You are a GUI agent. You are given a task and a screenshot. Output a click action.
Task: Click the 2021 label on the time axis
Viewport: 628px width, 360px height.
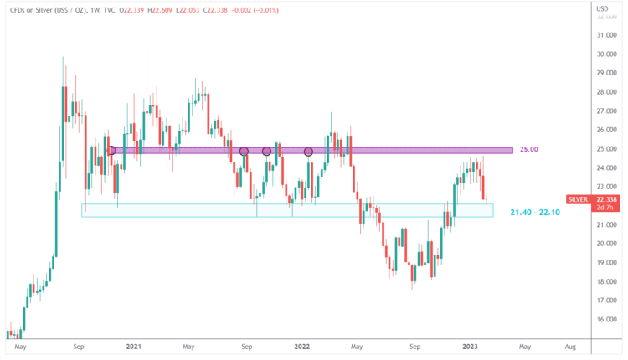click(x=132, y=346)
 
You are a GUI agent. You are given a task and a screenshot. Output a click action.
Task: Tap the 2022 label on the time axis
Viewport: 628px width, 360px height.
click(x=301, y=346)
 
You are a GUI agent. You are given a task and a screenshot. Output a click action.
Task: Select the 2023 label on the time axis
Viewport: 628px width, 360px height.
click(x=470, y=346)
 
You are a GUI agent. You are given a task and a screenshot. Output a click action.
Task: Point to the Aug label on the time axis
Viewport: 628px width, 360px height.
click(x=570, y=346)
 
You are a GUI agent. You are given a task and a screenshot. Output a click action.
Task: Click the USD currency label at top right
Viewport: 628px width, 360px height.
click(x=601, y=9)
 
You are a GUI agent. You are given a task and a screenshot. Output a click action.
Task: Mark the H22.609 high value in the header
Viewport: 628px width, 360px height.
click(x=167, y=9)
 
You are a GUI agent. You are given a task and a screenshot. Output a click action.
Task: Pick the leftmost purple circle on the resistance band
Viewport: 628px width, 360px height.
click(x=111, y=151)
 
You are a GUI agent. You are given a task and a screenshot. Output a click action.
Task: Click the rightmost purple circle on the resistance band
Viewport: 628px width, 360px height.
click(x=308, y=152)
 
